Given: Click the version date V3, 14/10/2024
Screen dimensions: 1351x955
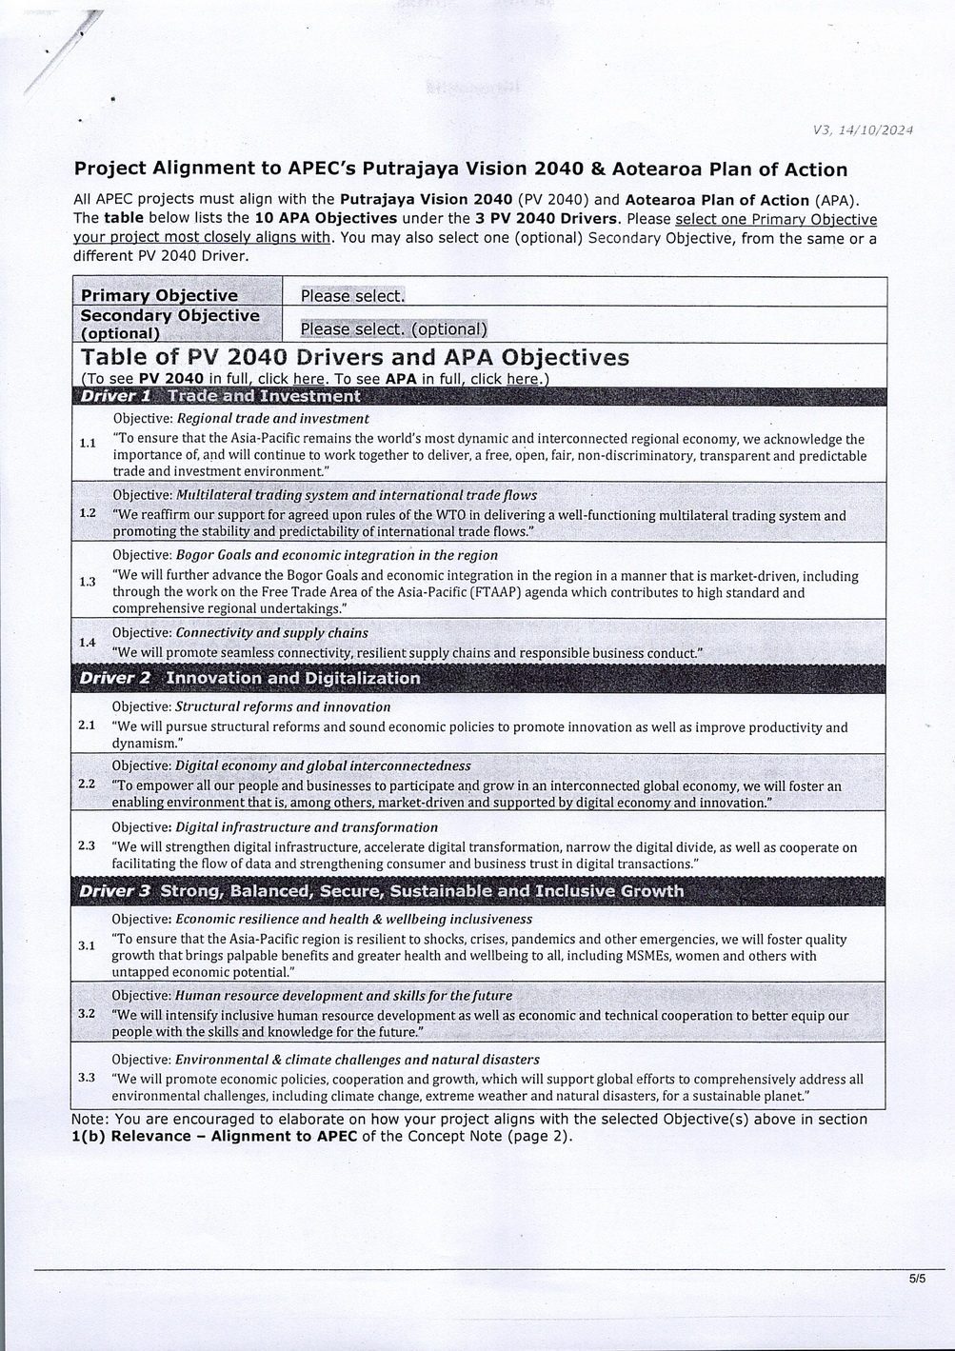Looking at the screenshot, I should coord(863,130).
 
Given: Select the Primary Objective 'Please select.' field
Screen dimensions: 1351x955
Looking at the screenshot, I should coord(352,296).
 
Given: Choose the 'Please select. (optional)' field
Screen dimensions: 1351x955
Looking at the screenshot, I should coord(393,329).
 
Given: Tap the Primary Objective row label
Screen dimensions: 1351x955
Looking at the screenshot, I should coord(159,295).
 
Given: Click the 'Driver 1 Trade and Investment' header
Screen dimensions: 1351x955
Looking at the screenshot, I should coord(221,396).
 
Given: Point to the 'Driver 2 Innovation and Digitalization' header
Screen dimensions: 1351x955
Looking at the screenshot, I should coord(249,678).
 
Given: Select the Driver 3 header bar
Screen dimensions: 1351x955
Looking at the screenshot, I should coord(381,891).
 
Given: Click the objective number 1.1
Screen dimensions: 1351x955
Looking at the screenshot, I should coord(88,443).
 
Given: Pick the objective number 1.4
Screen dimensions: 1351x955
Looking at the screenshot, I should coord(88,643).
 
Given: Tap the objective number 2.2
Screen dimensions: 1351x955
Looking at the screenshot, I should coord(87,784).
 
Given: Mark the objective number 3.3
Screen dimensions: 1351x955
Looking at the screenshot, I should coord(87,1077).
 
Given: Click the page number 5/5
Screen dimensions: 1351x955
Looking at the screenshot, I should coord(917,1280).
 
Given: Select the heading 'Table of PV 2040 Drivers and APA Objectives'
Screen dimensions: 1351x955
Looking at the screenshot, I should coord(354,358).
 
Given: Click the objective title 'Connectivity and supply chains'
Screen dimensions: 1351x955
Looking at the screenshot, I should coord(272,632).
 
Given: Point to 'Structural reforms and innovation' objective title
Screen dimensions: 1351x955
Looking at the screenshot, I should coord(283,706).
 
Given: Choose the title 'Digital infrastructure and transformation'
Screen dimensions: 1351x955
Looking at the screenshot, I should coord(307,827).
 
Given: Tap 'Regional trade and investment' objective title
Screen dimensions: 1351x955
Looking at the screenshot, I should coord(273,418).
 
